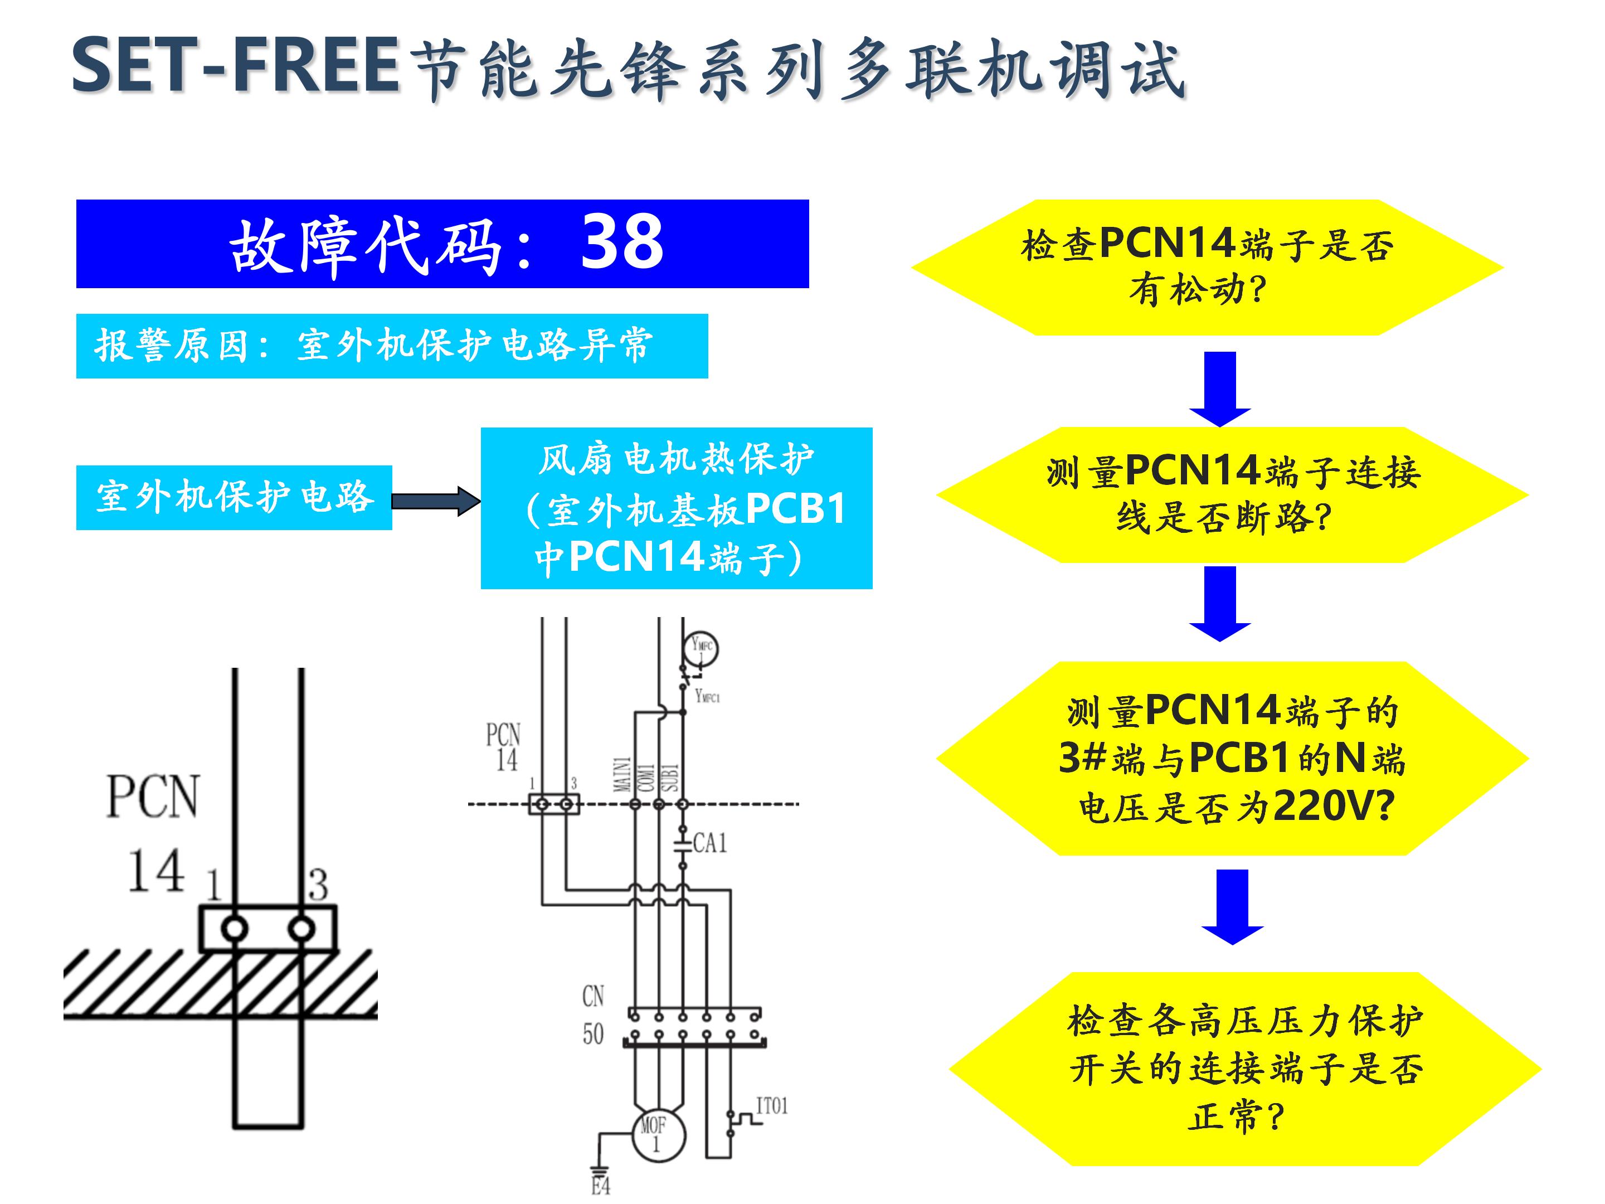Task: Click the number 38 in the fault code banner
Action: pyautogui.click(x=622, y=242)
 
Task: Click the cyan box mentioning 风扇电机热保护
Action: pyautogui.click(x=675, y=507)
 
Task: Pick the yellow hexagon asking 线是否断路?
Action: pyautogui.click(x=1232, y=495)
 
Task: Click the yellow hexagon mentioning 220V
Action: pyautogui.click(x=1232, y=759)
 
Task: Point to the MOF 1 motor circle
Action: pyautogui.click(x=658, y=1135)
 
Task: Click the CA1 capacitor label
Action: pyautogui.click(x=709, y=843)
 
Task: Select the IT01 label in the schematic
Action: pyautogui.click(x=771, y=1106)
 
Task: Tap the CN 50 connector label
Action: pyautogui.click(x=593, y=1014)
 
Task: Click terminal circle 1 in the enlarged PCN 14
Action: pyautogui.click(x=235, y=928)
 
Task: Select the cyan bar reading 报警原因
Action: pyautogui.click(x=392, y=346)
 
